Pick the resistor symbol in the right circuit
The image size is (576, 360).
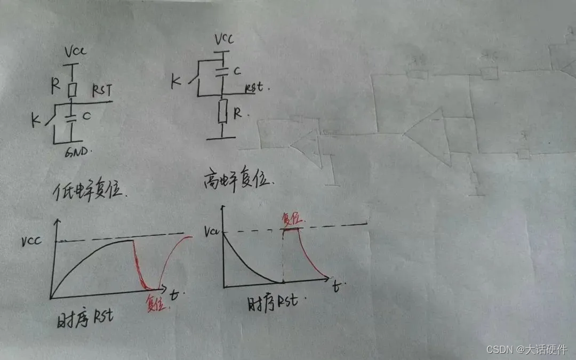click(x=223, y=113)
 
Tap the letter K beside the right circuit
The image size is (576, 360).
click(x=175, y=82)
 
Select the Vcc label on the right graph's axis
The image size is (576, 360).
click(x=211, y=231)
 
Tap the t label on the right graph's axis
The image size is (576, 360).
click(x=336, y=287)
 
